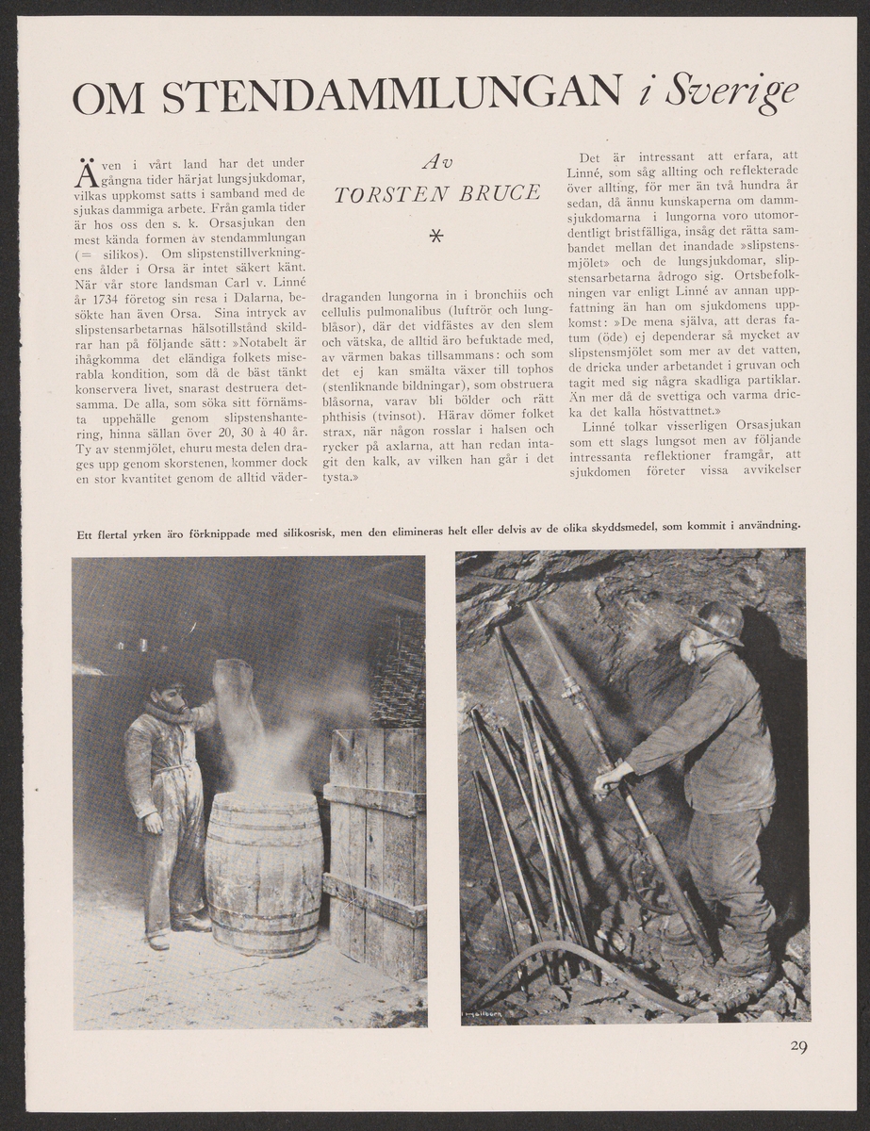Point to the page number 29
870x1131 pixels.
tap(797, 1045)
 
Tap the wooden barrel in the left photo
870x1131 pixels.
tap(263, 872)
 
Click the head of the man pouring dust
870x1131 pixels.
tap(168, 696)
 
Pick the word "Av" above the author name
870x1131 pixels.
tap(436, 163)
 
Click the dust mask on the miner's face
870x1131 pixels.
tap(688, 648)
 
